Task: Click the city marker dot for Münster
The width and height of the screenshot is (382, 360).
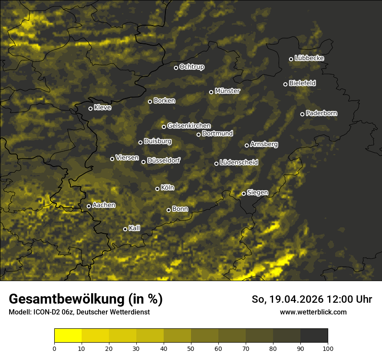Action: click(211, 92)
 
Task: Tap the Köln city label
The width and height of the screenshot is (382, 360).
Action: click(168, 188)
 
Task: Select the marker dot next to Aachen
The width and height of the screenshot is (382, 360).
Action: click(89, 206)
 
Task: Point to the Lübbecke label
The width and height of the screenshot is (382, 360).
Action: click(309, 58)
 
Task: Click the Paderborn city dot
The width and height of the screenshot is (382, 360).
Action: click(303, 114)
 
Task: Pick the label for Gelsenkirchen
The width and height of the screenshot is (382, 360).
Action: click(189, 126)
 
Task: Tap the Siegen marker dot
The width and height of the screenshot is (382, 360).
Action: click(244, 193)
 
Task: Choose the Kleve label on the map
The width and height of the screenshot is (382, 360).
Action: click(102, 108)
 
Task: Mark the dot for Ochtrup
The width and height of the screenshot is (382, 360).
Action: click(176, 68)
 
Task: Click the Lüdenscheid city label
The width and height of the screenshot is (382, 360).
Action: click(239, 163)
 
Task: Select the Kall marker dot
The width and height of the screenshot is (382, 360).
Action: click(125, 229)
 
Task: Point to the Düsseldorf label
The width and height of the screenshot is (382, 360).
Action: click(163, 160)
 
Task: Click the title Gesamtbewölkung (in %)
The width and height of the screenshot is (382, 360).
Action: click(86, 299)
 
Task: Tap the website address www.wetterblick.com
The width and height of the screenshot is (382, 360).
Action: click(313, 312)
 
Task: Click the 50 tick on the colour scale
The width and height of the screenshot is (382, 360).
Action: click(191, 348)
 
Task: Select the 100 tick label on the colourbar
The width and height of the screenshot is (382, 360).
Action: click(328, 348)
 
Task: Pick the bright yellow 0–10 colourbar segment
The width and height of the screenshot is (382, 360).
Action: click(68, 335)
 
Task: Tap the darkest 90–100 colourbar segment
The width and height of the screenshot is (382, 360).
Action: click(314, 335)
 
